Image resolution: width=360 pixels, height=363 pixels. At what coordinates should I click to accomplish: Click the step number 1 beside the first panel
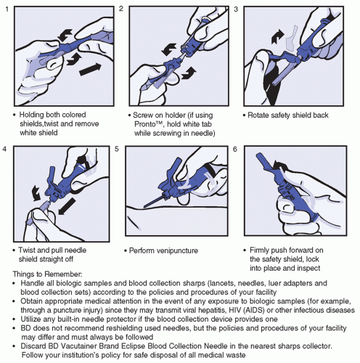pyautogui.click(x=7, y=9)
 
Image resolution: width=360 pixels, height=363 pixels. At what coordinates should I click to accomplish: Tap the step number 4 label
pyautogui.click(x=4, y=149)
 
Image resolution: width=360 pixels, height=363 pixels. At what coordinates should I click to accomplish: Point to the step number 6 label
pyautogui.click(x=235, y=150)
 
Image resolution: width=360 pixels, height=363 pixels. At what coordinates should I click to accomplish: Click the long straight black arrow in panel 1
pyautogui.click(x=90, y=69)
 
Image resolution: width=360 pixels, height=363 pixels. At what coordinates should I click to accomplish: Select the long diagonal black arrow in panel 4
pyautogui.click(x=67, y=205)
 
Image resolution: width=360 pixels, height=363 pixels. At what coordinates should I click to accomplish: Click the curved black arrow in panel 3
pyautogui.click(x=277, y=37)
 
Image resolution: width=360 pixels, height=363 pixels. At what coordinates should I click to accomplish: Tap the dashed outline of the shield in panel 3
pyautogui.click(x=292, y=38)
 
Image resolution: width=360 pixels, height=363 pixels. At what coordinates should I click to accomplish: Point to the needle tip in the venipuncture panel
pyautogui.click(x=144, y=206)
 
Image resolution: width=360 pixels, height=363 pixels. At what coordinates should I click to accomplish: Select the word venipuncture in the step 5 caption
pyautogui.click(x=177, y=250)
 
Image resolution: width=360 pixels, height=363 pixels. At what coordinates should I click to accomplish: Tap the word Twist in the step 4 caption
pyautogui.click(x=27, y=250)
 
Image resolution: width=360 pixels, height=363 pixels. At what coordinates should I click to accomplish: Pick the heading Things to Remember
pyautogui.click(x=47, y=274)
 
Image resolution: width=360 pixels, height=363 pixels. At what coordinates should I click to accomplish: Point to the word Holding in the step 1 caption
pyautogui.click(x=32, y=115)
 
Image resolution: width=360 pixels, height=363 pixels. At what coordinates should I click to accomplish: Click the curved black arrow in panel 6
pyautogui.click(x=279, y=166)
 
